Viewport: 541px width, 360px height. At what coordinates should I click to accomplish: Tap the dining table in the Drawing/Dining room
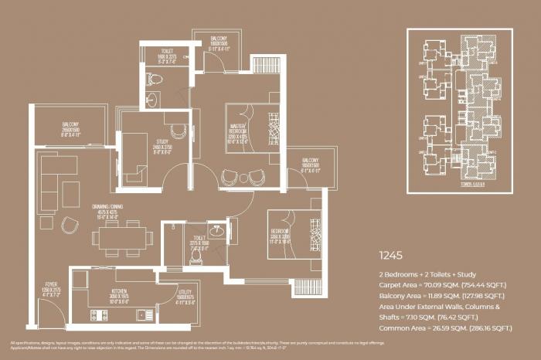click(x=121, y=238)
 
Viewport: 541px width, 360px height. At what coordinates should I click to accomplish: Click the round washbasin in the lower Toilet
click(x=217, y=230)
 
